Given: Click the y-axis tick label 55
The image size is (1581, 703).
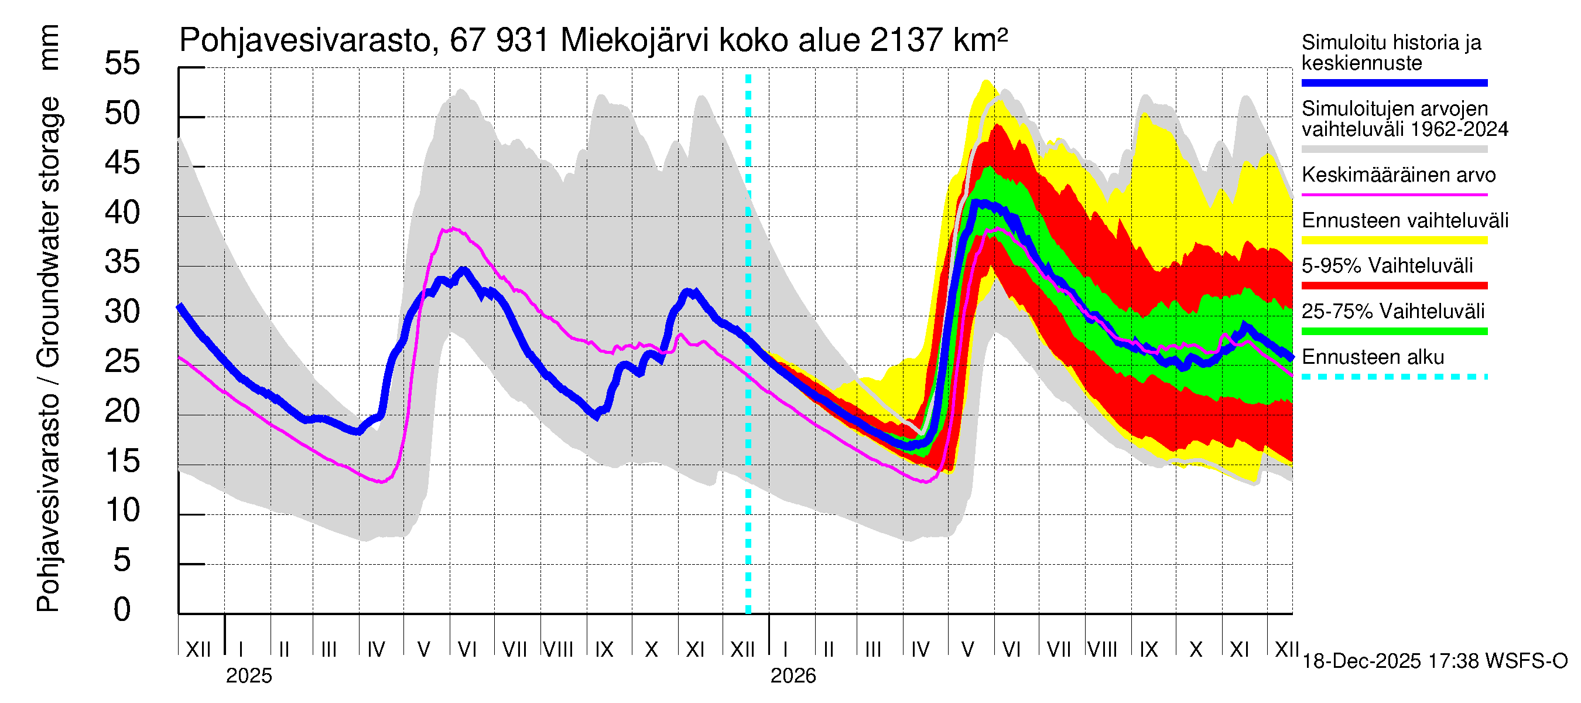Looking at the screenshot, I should point(122,63).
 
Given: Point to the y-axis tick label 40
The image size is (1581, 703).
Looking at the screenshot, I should point(122,213).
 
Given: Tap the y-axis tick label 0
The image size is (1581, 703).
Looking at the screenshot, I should point(122,610).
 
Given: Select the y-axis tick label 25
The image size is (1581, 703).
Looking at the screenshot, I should point(122,361).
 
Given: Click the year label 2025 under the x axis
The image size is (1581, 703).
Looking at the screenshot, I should point(248,676).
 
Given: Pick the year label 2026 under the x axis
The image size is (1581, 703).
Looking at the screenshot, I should point(793,676).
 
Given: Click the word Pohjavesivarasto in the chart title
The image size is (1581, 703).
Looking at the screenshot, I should point(306,41).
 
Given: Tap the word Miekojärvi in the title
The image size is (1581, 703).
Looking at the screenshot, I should point(635,41).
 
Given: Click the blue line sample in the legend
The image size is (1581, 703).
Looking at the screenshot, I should point(1394,83).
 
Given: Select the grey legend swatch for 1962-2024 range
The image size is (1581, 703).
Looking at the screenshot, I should point(1394,149).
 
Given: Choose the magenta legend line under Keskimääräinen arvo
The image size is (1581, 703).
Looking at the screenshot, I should point(1394,194).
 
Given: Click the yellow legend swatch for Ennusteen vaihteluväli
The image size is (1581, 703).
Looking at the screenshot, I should point(1394,240).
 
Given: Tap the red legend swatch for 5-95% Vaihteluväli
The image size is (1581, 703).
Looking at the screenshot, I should point(1394,285).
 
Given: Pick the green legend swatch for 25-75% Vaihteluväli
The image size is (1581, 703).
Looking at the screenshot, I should point(1394,332).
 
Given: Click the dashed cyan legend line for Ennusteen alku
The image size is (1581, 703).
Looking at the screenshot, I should point(1394,376).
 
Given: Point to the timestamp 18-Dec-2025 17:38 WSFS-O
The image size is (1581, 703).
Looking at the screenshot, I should point(1435,661).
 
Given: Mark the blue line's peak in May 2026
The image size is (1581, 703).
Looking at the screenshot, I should point(981,203).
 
